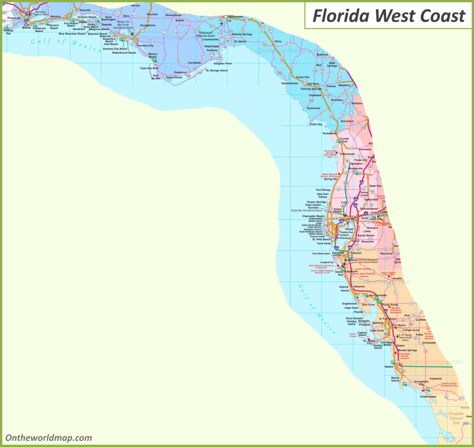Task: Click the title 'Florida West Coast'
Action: point(388,15)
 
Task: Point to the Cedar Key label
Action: point(316,124)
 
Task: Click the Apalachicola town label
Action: point(174,77)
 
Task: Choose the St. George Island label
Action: point(217,70)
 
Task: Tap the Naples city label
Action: point(389,367)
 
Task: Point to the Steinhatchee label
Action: point(289,83)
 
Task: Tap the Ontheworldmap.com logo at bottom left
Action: point(49,437)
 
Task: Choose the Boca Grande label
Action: point(354,318)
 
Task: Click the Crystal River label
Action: point(344,140)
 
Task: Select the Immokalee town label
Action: point(429,343)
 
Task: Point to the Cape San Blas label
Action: point(149,68)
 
